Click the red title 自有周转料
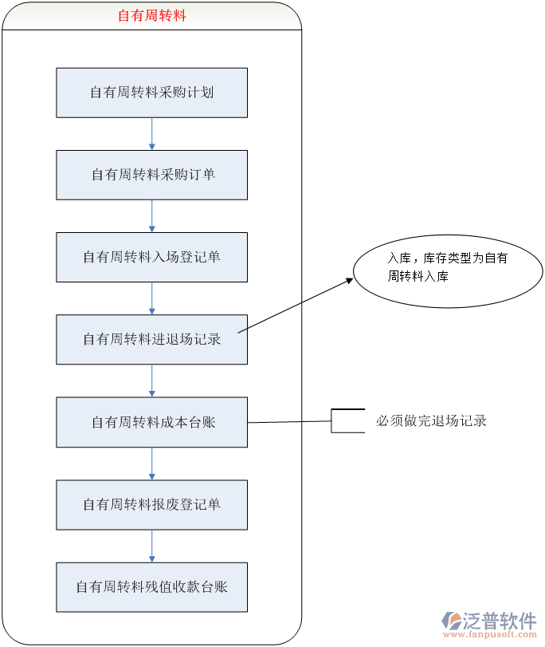pyautogui.click(x=151, y=15)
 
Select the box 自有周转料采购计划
pyautogui.click(x=151, y=93)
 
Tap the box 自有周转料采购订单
pyautogui.click(x=151, y=175)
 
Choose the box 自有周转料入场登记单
pyautogui.click(x=151, y=257)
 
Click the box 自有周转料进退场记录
pyautogui.click(x=151, y=339)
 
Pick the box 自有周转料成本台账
pyautogui.click(x=151, y=422)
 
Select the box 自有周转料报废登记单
pyautogui.click(x=151, y=504)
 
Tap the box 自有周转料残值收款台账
pyautogui.click(x=151, y=586)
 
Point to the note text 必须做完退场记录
pyautogui.click(x=431, y=420)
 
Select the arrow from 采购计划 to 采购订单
pyautogui.click(x=152, y=133)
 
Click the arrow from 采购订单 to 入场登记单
pyautogui.click(x=152, y=215)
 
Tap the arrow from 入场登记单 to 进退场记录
pyautogui.click(x=152, y=298)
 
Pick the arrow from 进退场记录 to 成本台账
pyautogui.click(x=152, y=381)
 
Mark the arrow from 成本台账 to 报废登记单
pyautogui.click(x=152, y=463)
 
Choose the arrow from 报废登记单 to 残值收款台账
pyautogui.click(x=152, y=545)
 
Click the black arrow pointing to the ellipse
pyautogui.click(x=295, y=306)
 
